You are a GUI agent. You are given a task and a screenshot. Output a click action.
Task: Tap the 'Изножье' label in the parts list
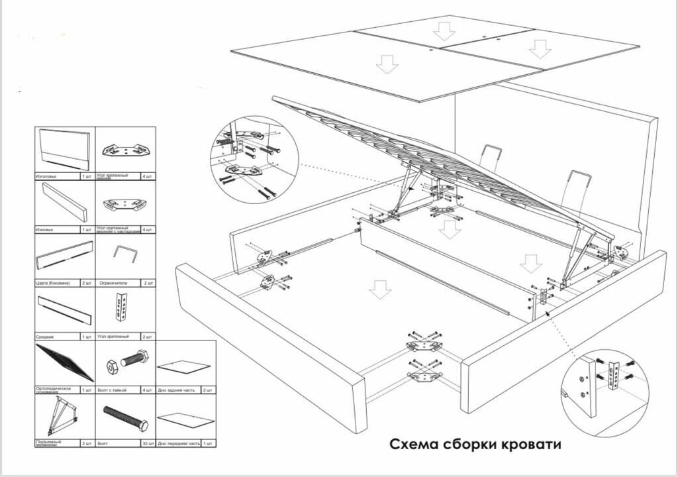point(46,229)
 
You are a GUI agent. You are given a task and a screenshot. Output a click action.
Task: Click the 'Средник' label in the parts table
point(46,337)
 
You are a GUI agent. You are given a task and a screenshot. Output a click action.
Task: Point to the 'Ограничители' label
point(113,282)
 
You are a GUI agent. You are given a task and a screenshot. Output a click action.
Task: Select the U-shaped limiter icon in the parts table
point(124,254)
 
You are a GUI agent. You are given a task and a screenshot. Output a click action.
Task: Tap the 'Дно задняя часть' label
point(175,390)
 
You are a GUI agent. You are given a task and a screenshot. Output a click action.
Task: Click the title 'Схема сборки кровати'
point(475,444)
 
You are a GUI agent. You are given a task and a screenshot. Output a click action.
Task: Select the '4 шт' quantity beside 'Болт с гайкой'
point(148,390)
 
